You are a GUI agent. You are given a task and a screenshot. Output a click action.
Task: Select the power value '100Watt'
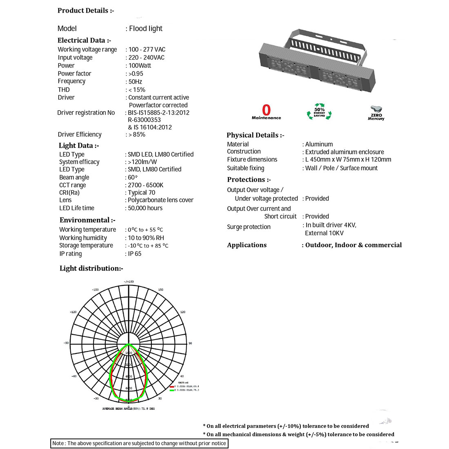point(140,65)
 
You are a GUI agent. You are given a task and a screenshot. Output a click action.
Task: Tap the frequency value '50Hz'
point(135,82)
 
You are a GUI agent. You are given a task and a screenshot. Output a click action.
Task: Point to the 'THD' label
point(64,89)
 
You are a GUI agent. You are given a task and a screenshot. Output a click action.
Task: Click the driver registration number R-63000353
point(144,120)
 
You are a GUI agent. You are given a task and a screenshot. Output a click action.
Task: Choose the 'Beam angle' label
point(74,177)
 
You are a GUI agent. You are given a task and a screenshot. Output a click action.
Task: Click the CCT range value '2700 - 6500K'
point(145,185)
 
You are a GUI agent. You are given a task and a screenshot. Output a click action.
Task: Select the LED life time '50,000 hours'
point(145,208)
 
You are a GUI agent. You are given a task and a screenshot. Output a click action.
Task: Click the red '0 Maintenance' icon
point(266,112)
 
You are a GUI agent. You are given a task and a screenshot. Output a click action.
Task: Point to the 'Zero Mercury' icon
point(376,113)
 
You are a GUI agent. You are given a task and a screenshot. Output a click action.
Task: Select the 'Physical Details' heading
point(256,135)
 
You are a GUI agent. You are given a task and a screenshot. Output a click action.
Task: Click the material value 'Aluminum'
point(319,144)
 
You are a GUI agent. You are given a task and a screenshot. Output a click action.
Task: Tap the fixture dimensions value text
point(348,160)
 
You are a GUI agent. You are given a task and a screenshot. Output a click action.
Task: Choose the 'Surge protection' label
point(249,227)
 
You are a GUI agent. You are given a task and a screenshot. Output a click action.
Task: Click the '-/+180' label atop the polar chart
point(129,282)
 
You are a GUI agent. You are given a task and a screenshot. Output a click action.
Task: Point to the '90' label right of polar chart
point(190,343)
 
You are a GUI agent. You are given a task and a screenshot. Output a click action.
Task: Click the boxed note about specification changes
point(139,443)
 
